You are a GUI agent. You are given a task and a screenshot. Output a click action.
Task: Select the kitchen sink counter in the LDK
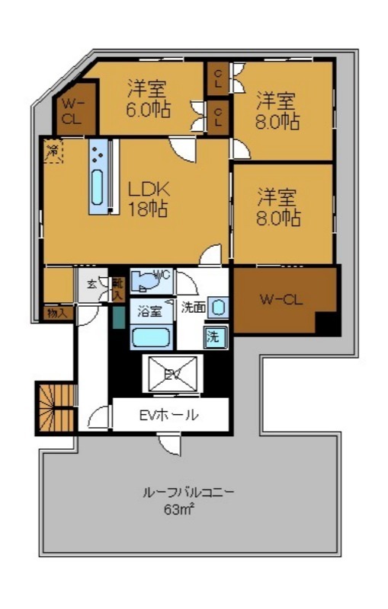pyautogui.click(x=100, y=177)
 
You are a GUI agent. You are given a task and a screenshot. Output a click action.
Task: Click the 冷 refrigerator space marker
pyautogui.click(x=53, y=150)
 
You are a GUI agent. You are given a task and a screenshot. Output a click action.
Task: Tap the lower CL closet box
pyautogui.click(x=218, y=118)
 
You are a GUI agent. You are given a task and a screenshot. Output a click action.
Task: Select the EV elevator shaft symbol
pyautogui.click(x=172, y=374)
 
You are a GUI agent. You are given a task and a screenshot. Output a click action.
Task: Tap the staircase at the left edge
pyautogui.click(x=56, y=408)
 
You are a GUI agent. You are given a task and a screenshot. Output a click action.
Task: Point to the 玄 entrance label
pyautogui.click(x=91, y=284)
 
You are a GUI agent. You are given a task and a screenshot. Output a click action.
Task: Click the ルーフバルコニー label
pyautogui.click(x=188, y=492)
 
